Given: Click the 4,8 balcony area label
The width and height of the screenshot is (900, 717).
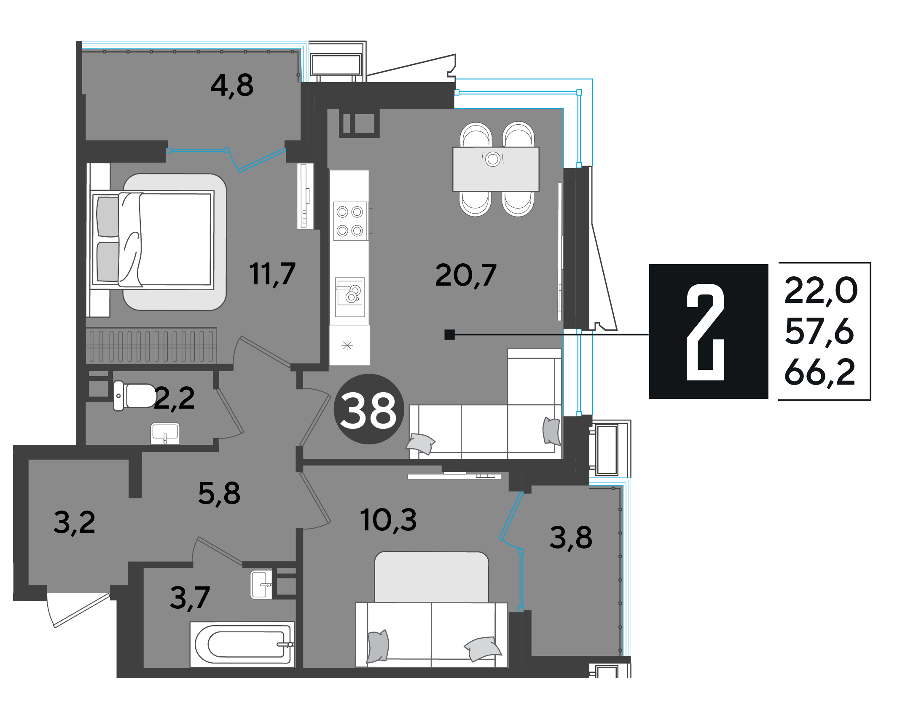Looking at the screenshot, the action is (x=232, y=86).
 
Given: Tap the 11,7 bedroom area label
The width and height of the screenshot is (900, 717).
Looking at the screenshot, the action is (x=272, y=274).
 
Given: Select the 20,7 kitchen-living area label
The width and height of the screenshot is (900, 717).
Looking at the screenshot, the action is (x=466, y=275).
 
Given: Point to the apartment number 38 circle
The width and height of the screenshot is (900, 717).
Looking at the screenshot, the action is (x=369, y=409).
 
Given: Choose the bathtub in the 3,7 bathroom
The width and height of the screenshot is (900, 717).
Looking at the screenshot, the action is (x=242, y=644).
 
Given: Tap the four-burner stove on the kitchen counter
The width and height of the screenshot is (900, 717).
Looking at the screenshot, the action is (x=350, y=221).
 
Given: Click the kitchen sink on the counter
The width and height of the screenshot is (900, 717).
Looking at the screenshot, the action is (x=350, y=297).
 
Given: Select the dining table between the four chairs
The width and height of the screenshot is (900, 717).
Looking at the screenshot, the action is (x=496, y=169).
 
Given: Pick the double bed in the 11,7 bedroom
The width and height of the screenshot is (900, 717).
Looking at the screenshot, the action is (x=152, y=240).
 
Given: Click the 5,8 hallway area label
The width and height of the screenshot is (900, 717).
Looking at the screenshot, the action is (x=219, y=493).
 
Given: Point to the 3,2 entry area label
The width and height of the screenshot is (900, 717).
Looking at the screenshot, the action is (x=75, y=523).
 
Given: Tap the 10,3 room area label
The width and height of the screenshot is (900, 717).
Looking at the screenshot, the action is (x=388, y=520).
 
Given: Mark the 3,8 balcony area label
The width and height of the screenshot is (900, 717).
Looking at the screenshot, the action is (x=571, y=538).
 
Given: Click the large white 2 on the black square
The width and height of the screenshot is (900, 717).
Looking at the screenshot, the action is (x=706, y=332).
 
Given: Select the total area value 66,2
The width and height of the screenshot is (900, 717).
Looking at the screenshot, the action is (x=820, y=372).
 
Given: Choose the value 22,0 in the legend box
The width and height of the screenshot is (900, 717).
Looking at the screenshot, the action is (x=821, y=291).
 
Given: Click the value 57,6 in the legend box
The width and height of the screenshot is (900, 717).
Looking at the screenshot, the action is (x=819, y=332).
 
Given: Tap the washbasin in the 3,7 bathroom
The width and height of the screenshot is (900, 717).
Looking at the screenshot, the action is (x=261, y=584).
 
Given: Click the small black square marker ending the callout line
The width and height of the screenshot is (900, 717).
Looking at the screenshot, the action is (x=449, y=334).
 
